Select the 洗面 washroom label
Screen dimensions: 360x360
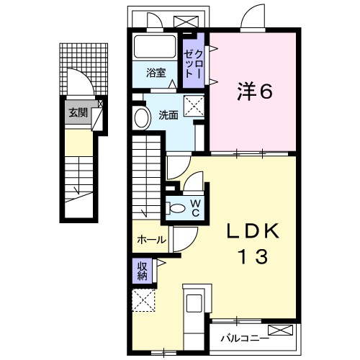168,114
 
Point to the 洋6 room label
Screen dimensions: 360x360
254,91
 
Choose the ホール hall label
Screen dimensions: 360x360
150,240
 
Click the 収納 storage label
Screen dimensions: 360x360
143,271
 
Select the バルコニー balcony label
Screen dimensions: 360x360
245,336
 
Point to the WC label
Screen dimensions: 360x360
195,207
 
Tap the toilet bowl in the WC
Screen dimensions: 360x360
177,208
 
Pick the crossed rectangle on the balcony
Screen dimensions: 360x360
285,332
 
